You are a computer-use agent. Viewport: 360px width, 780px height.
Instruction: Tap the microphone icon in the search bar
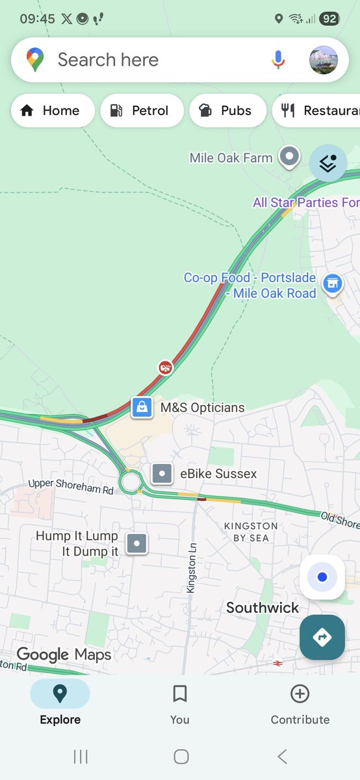[x=278, y=60]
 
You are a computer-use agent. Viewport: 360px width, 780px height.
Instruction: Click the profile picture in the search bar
[x=323, y=60]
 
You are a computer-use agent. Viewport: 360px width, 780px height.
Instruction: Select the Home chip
[x=53, y=110]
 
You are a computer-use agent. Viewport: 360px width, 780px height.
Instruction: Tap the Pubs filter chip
[x=227, y=110]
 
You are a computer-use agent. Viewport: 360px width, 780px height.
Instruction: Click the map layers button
[x=328, y=163]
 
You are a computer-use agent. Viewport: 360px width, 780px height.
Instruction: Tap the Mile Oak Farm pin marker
[x=289, y=157]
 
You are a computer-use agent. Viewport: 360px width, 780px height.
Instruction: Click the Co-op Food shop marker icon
[x=333, y=283]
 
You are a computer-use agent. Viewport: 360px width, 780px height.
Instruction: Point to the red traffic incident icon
[x=166, y=369]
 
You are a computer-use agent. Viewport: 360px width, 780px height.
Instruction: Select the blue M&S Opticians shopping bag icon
[x=141, y=408]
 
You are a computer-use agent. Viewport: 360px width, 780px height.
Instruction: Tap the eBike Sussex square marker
[x=162, y=474]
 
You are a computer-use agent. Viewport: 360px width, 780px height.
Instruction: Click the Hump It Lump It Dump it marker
[x=136, y=543]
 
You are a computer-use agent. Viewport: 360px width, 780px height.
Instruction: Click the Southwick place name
[x=263, y=608]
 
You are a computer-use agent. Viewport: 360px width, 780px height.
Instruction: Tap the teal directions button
[x=322, y=637]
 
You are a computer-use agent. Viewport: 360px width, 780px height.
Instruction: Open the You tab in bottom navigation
[x=180, y=703]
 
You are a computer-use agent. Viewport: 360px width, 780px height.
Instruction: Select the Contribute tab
[x=300, y=703]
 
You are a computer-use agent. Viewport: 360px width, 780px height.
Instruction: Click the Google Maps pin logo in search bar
[x=35, y=60]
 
